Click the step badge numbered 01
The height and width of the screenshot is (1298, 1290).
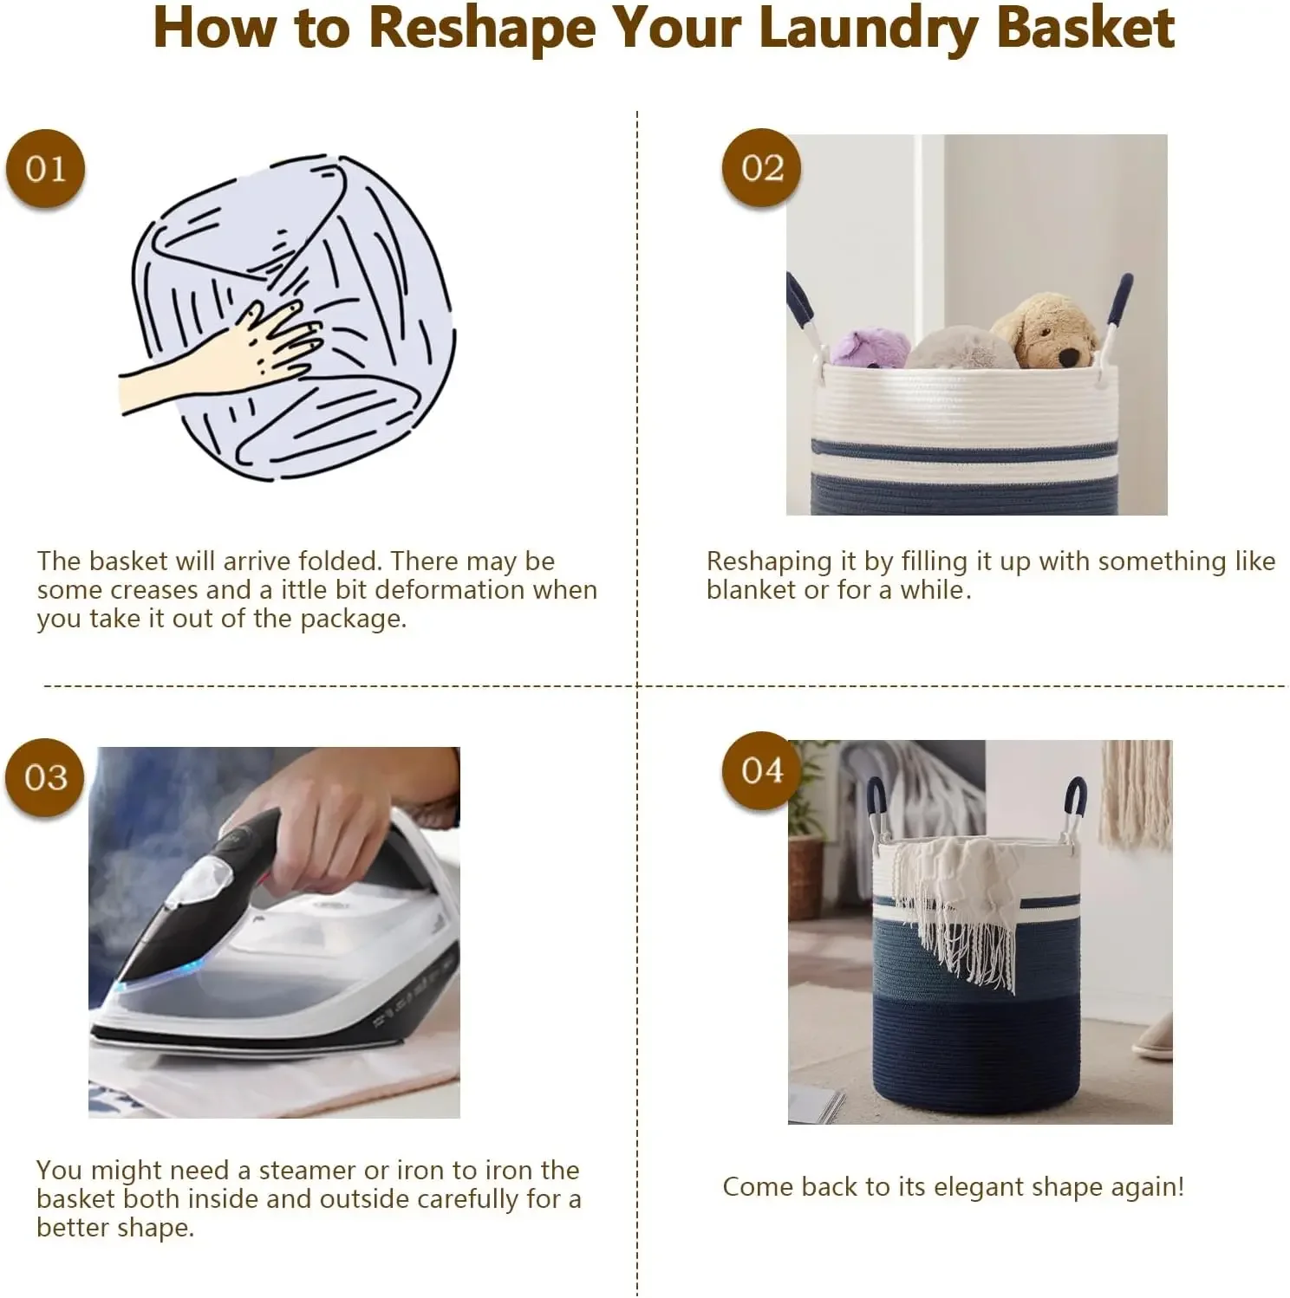(x=45, y=169)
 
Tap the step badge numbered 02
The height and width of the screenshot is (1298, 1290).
(x=762, y=168)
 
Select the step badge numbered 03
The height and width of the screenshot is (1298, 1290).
(x=45, y=777)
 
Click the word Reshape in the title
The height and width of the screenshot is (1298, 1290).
(x=482, y=30)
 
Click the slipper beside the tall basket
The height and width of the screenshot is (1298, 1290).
(x=1154, y=1036)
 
